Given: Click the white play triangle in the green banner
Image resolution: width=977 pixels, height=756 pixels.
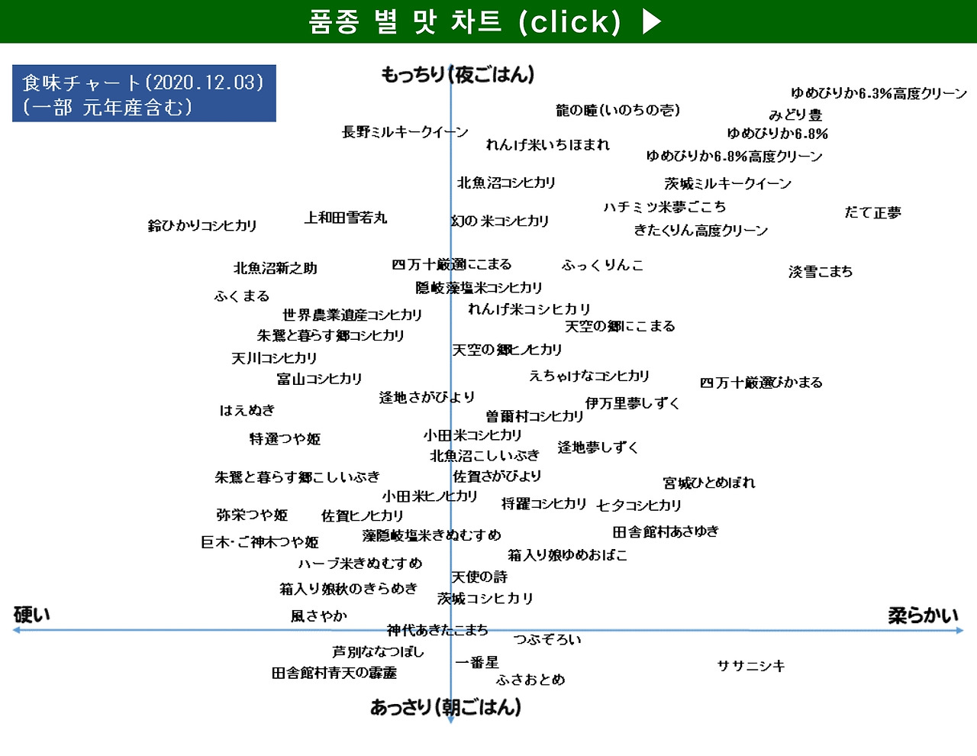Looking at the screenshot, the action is tap(651, 21).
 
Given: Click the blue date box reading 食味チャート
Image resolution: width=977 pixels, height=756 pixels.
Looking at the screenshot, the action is tap(143, 94).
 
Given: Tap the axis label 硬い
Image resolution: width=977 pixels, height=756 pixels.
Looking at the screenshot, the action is tap(32, 615).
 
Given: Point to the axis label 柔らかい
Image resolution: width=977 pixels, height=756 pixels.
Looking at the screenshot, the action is tap(923, 615).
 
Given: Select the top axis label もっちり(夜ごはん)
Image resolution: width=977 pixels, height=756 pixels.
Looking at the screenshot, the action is tap(457, 75).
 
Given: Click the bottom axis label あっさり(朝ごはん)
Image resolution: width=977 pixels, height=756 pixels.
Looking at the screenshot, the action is tap(446, 707).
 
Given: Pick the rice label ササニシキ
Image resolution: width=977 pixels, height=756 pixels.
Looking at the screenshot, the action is tap(751, 666).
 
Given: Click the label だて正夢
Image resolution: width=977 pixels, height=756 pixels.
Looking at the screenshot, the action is tap(872, 212).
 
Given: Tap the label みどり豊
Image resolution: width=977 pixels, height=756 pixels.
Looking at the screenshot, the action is tap(795, 115).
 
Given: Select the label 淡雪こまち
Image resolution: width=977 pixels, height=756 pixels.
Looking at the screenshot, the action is tap(821, 271).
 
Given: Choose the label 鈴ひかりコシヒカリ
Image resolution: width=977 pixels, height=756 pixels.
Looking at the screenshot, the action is tap(202, 225).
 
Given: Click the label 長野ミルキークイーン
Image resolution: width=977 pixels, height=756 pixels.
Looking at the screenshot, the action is tap(405, 132).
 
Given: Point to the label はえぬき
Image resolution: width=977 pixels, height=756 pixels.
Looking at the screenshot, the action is tap(247, 410).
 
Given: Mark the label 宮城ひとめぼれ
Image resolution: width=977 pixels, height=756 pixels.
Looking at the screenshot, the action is tap(709, 483).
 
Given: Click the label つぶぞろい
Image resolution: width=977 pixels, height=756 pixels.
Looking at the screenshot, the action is tap(547, 639).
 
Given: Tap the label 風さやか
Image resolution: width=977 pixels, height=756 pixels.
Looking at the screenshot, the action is tap(319, 615).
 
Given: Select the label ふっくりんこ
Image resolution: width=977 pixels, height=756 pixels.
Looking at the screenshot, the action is tap(602, 265).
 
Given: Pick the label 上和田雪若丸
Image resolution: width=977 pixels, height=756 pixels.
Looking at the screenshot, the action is tap(346, 218).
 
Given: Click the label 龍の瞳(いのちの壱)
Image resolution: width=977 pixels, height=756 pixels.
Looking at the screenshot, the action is tap(617, 110).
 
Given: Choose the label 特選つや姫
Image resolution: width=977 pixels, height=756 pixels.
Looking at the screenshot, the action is tap(285, 439).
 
